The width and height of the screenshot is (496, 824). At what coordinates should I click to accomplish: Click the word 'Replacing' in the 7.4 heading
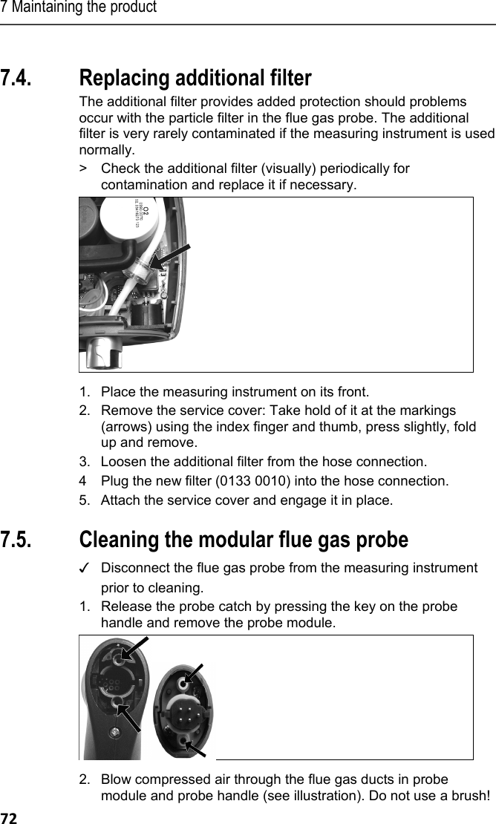[121, 78]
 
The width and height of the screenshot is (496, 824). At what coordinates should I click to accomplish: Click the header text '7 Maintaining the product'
[79, 8]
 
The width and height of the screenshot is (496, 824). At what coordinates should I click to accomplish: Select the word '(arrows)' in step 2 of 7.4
[124, 428]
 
